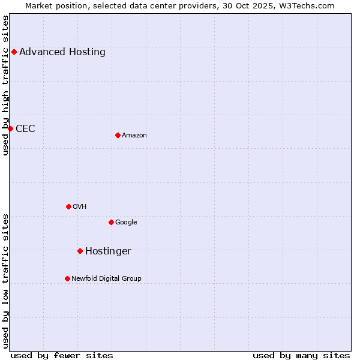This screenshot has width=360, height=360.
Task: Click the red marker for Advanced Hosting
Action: click(x=14, y=52)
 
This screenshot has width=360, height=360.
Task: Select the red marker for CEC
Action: click(x=10, y=128)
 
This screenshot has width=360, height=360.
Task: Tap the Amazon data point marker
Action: click(x=118, y=135)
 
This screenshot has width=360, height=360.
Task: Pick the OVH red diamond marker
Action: click(x=68, y=206)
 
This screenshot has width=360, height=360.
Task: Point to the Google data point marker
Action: click(x=111, y=222)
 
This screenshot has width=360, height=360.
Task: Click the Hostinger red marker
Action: click(x=80, y=251)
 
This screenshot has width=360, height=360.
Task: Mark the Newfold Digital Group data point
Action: click(x=67, y=278)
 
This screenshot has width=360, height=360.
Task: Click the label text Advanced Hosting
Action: click(x=62, y=52)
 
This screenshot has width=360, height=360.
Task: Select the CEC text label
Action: click(x=25, y=128)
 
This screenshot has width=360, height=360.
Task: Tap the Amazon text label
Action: click(x=134, y=135)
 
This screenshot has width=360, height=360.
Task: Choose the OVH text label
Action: click(x=80, y=206)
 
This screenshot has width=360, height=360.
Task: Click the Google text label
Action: click(x=126, y=222)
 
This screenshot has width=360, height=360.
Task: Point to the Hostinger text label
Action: click(x=108, y=251)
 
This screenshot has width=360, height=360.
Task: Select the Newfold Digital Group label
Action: click(x=106, y=278)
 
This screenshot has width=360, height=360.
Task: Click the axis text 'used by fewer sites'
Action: click(x=62, y=355)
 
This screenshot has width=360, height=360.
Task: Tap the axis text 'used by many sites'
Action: click(x=301, y=355)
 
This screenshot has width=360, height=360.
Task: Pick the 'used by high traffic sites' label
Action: click(x=5, y=85)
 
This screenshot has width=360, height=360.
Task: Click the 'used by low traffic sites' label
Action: click(x=5, y=281)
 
